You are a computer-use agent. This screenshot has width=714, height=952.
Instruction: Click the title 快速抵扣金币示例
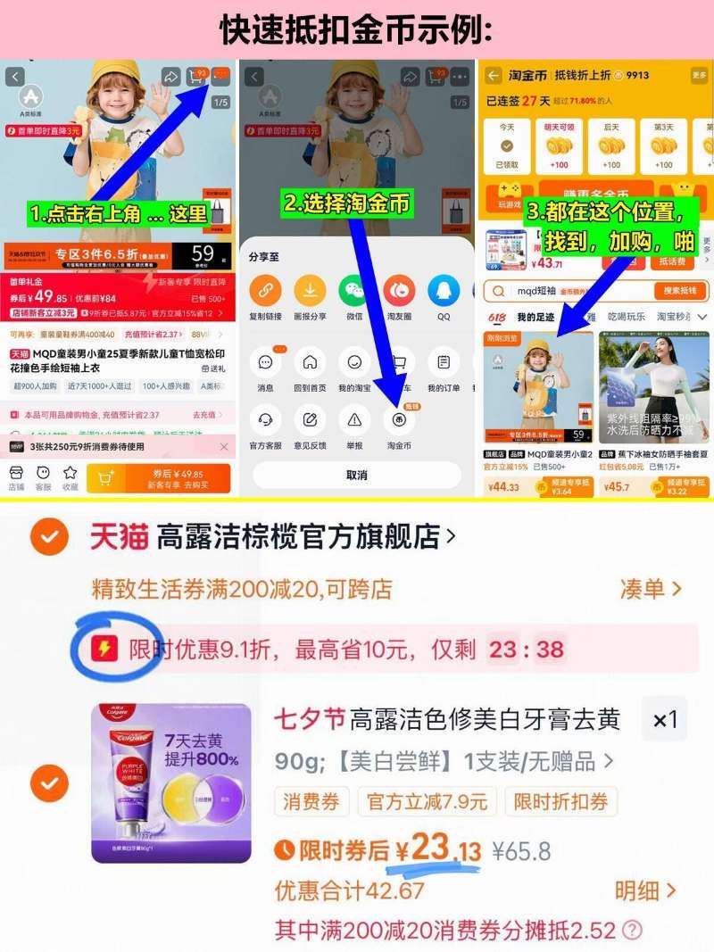click(357, 30)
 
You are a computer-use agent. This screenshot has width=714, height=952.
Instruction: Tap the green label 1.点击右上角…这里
click(118, 214)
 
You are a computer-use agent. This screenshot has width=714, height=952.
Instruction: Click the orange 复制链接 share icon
click(264, 290)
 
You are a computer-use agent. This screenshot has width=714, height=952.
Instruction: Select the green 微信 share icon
click(354, 290)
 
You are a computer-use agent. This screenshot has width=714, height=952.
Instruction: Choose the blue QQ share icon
click(443, 290)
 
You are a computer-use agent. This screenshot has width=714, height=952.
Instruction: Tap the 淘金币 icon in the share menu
click(399, 419)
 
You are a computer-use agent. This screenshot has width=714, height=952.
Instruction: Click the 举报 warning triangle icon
click(354, 419)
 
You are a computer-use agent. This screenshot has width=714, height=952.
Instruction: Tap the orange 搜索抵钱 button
click(681, 291)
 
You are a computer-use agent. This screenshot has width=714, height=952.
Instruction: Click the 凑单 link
click(651, 589)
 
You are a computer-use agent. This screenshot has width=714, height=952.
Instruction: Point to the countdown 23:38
click(527, 649)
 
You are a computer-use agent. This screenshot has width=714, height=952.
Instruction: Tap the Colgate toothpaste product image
click(171, 782)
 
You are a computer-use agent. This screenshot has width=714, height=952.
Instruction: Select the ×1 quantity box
click(665, 719)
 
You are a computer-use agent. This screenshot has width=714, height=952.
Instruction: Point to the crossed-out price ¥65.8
click(523, 850)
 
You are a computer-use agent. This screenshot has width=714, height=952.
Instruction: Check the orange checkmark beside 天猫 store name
click(50, 537)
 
